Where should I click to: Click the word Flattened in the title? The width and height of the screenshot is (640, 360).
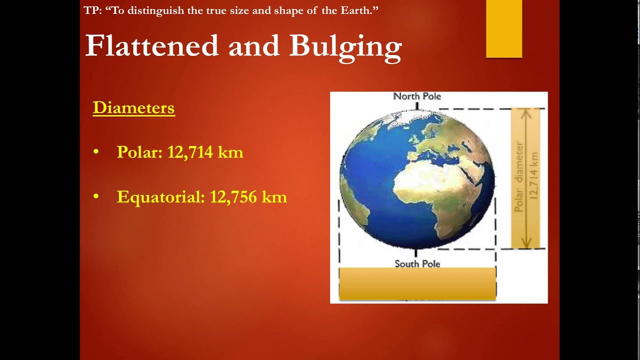point(152,46)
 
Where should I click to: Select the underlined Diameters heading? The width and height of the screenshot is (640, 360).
point(133,108)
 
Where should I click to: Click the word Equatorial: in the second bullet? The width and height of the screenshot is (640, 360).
point(160,197)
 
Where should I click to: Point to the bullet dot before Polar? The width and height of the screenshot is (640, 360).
point(96,152)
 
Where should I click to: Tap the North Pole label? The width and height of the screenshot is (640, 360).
point(417,96)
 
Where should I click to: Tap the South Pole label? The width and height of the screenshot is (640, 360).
point(417,263)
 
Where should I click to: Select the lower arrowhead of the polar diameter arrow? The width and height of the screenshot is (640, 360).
point(525,244)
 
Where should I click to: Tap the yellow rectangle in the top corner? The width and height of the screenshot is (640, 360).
point(504,28)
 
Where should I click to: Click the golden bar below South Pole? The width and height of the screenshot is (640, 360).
point(417,283)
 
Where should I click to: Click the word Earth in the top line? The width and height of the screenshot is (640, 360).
point(354,10)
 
